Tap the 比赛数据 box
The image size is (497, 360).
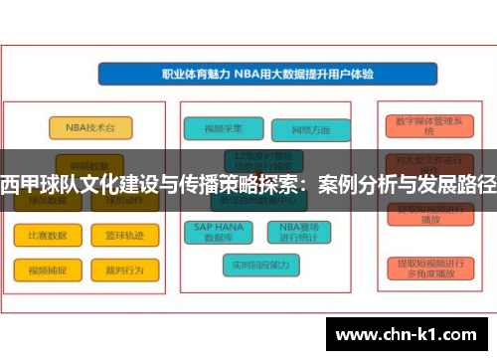coord(41,236)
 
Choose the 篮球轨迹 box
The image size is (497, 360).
coord(125,236)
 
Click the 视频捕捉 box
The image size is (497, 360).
coord(41,270)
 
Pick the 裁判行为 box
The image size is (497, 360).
coord(125,270)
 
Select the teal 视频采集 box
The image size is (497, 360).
coord(222,127)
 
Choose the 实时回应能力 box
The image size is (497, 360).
coord(259,265)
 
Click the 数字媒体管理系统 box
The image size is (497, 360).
coord(428,125)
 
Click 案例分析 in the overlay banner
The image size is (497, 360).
coord(362,183)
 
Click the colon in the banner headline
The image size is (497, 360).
coord(316,183)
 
